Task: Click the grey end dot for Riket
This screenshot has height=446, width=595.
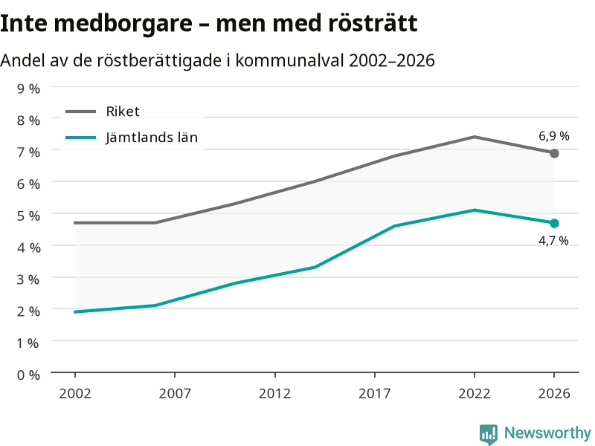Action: (554, 153)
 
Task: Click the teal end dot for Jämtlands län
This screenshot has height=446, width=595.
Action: (554, 223)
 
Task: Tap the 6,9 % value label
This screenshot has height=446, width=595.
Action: (553, 136)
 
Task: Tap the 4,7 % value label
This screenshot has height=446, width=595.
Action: (553, 240)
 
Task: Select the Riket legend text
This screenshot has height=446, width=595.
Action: (123, 111)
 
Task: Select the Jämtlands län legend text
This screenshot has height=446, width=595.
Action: (152, 137)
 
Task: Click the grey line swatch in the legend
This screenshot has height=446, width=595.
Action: (81, 111)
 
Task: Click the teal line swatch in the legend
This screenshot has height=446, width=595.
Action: (81, 138)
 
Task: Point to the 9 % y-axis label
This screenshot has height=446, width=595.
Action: (28, 88)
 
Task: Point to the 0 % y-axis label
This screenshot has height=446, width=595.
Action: (28, 375)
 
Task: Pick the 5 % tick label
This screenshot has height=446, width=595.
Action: (28, 216)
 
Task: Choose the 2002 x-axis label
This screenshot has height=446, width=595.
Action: (75, 393)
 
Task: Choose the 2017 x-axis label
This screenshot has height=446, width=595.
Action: (375, 393)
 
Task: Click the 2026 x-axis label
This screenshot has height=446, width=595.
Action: (554, 393)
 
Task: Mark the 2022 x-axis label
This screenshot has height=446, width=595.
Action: (475, 393)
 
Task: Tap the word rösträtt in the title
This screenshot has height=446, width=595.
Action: (373, 23)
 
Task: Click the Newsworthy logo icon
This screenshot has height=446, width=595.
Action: (489, 434)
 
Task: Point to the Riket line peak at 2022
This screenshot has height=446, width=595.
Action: (475, 137)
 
